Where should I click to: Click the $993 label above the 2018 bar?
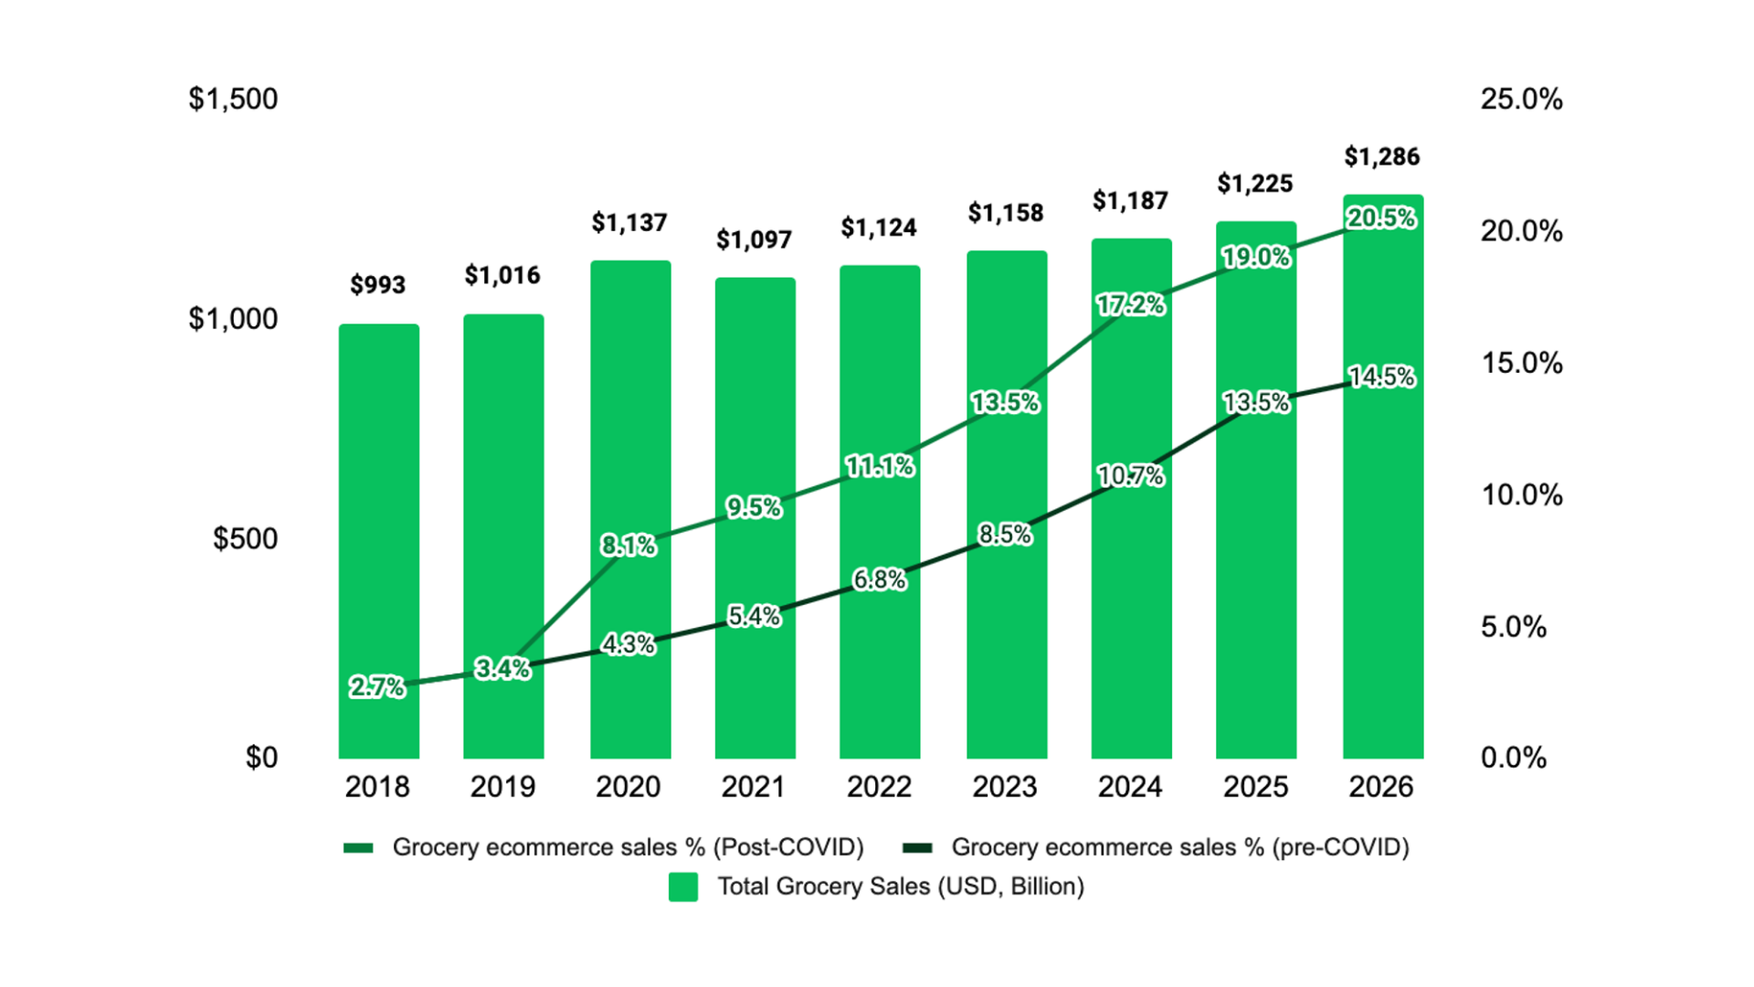pyautogui.click(x=377, y=285)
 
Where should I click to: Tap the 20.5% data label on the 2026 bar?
pyautogui.click(x=1381, y=218)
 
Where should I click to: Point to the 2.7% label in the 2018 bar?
pyautogui.click(x=377, y=687)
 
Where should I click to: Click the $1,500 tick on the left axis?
pyautogui.click(x=233, y=99)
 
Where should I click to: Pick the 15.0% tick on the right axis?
pyautogui.click(x=1521, y=363)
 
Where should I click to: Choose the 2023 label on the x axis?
pyautogui.click(x=1004, y=787)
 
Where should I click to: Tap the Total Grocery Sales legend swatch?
pyautogui.click(x=683, y=886)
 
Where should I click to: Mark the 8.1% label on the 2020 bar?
pyautogui.click(x=629, y=546)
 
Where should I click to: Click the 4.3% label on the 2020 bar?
pyautogui.click(x=629, y=644)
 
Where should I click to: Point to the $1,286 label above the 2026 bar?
pyautogui.click(x=1381, y=157)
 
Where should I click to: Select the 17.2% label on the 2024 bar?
pyautogui.click(x=1131, y=305)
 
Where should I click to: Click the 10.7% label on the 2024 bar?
pyautogui.click(x=1131, y=476)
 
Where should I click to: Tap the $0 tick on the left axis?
pyautogui.click(x=261, y=758)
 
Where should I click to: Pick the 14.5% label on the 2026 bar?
pyautogui.click(x=1381, y=377)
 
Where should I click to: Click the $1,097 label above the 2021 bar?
pyautogui.click(x=754, y=240)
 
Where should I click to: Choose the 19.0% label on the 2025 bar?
pyautogui.click(x=1256, y=258)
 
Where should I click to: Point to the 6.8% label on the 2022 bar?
pyautogui.click(x=879, y=579)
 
